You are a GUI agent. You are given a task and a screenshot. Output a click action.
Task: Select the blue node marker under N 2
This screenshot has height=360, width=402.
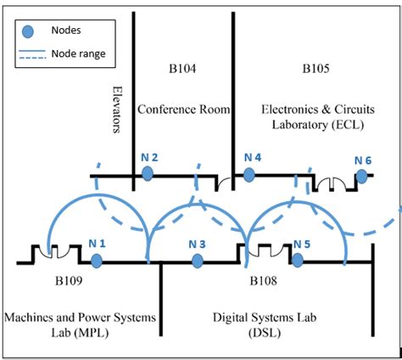click(x=148, y=173)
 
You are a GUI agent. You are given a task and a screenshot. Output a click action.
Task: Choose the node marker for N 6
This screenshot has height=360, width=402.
click(x=362, y=176)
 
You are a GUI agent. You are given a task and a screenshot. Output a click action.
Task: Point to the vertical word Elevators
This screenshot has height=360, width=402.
click(x=118, y=109)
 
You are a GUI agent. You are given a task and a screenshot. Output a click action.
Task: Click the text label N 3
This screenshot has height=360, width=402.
click(x=197, y=244)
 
